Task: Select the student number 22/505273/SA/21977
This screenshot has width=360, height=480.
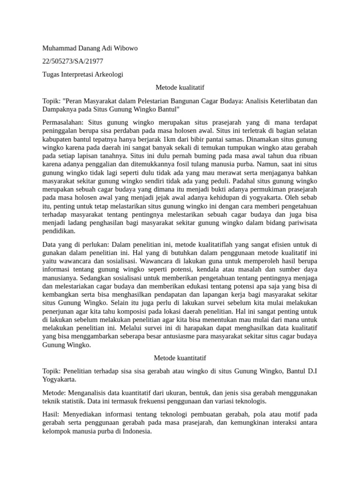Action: tap(73, 61)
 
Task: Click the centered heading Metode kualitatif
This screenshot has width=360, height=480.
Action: tap(180, 88)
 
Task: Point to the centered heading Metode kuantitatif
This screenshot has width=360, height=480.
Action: tap(180, 358)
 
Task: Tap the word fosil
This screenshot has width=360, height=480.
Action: tap(195, 165)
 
